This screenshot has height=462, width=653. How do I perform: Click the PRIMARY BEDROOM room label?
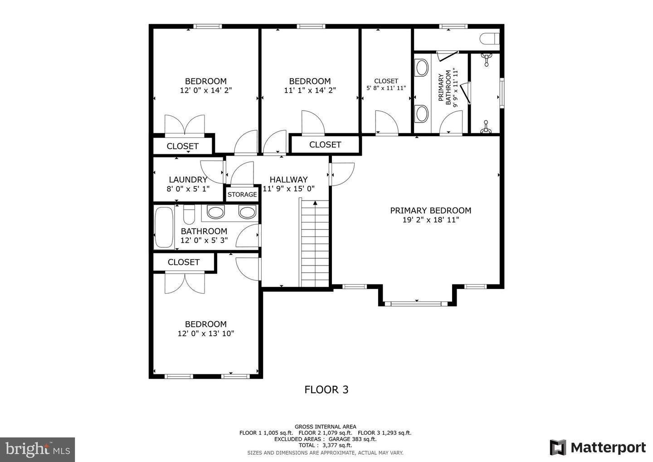click(430, 211)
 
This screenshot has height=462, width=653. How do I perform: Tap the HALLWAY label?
click(288, 180)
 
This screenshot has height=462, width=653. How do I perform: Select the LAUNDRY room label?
click(188, 180)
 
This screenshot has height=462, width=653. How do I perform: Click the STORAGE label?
click(242, 194)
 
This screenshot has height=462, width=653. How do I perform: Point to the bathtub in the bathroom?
click(164, 228)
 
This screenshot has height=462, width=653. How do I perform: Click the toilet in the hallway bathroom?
click(189, 212)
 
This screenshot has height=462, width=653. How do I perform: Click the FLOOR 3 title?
click(326, 389)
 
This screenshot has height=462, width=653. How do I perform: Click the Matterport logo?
click(598, 447)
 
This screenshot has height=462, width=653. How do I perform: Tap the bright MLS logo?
click(37, 449)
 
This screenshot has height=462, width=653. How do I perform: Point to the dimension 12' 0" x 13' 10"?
click(205, 334)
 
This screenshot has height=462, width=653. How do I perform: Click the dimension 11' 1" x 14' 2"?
click(310, 90)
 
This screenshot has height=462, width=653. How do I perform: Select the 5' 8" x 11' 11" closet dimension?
click(386, 88)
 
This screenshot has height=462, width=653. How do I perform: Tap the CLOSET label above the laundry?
click(182, 146)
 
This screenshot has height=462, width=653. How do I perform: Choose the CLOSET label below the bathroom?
click(183, 262)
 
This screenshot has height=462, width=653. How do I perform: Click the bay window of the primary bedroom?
click(416, 303)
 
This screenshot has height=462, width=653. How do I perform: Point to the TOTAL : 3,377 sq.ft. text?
click(325, 446)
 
